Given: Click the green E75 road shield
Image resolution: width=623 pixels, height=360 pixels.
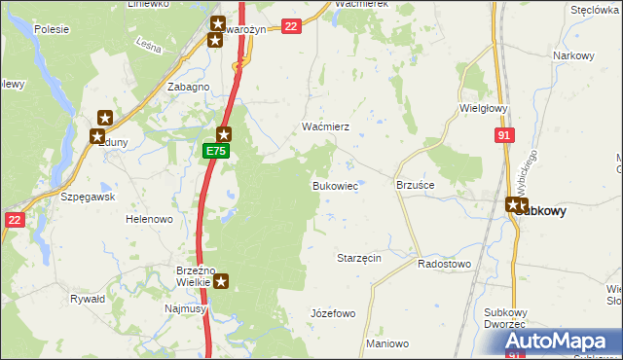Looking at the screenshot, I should coord(216,152).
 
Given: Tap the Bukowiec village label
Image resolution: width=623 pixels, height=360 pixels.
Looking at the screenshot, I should coord(334,185).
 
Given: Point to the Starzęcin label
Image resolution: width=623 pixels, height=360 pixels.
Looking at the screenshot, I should coord(358,258).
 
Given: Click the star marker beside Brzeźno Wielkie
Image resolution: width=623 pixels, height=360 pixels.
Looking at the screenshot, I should coord(222,282).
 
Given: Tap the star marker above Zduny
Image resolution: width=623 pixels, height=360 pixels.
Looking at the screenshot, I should coord(104,119).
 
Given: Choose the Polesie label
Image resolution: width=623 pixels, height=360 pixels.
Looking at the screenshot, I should coord(51,29).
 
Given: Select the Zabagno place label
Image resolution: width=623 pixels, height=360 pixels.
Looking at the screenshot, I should coord(189,87).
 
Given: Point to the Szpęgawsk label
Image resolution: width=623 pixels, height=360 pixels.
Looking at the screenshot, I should coord(89,196).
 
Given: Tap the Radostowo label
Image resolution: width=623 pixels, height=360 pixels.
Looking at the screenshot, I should coord(444,264).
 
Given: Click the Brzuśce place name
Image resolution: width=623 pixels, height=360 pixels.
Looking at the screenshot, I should coord(416,184).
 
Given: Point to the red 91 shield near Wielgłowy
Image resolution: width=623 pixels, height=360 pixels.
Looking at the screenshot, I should coord(503,137).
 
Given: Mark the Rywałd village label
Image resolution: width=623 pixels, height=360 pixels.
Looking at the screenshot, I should coord(88,299).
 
